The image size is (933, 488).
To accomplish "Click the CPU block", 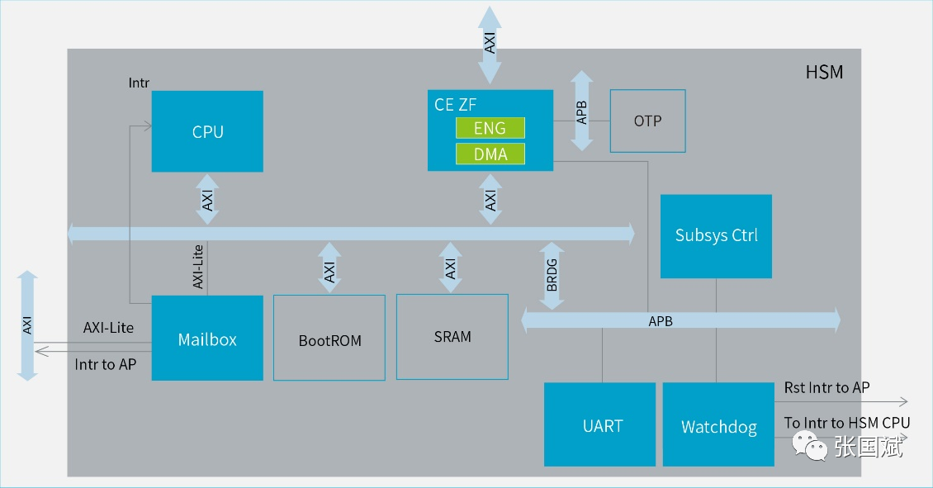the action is (207, 131).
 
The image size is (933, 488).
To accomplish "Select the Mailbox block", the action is (207, 338).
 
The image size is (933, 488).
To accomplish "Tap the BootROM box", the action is (329, 338).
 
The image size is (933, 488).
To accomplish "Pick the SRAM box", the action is (452, 337).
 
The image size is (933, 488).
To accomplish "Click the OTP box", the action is (647, 121).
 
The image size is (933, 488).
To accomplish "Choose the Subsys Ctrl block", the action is (716, 236).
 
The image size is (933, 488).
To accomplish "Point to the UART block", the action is (599, 424).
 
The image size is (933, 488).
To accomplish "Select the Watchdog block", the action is (718, 424).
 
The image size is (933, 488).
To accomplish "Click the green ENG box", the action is (490, 128).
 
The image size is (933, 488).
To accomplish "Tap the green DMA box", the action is (490, 154).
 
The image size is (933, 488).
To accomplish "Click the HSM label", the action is (824, 72).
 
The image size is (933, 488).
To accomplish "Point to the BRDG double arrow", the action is (552, 276).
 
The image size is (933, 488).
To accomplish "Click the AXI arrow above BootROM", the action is (329, 268).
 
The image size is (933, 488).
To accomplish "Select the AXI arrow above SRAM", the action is (451, 268).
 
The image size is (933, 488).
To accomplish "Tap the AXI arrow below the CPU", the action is (207, 199).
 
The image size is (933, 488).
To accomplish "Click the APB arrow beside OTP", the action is (581, 111).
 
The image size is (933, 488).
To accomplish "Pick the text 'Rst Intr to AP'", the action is (826, 388).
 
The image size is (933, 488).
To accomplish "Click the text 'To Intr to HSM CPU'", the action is (847, 423).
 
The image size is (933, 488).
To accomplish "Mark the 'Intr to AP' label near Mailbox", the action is (106, 364).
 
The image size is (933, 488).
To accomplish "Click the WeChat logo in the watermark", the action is (810, 446).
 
